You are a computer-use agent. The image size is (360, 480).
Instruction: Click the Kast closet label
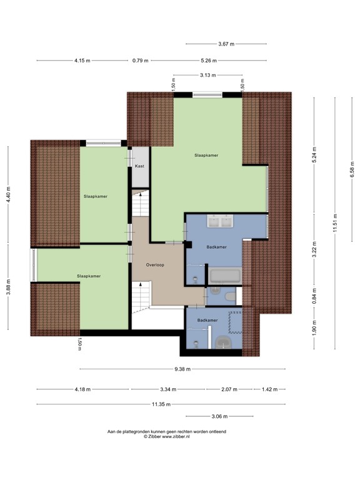[139, 167]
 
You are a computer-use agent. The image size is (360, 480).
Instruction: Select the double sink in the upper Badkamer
[218, 221]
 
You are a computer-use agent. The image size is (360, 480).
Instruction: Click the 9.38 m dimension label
[182, 369]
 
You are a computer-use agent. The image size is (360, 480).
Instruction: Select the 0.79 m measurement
[140, 61]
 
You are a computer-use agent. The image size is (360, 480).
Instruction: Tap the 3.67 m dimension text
[226, 44]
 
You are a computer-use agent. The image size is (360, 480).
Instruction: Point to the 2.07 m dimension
[229, 389]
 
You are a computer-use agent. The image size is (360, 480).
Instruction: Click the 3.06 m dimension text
[219, 417]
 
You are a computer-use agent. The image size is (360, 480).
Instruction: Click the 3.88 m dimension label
[9, 286]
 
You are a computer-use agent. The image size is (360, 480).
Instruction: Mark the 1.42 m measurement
[269, 389]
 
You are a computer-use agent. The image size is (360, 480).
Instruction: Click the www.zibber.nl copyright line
[167, 437]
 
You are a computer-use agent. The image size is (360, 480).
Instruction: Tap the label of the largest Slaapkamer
[206, 155]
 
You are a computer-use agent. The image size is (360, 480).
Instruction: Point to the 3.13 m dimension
[208, 75]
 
